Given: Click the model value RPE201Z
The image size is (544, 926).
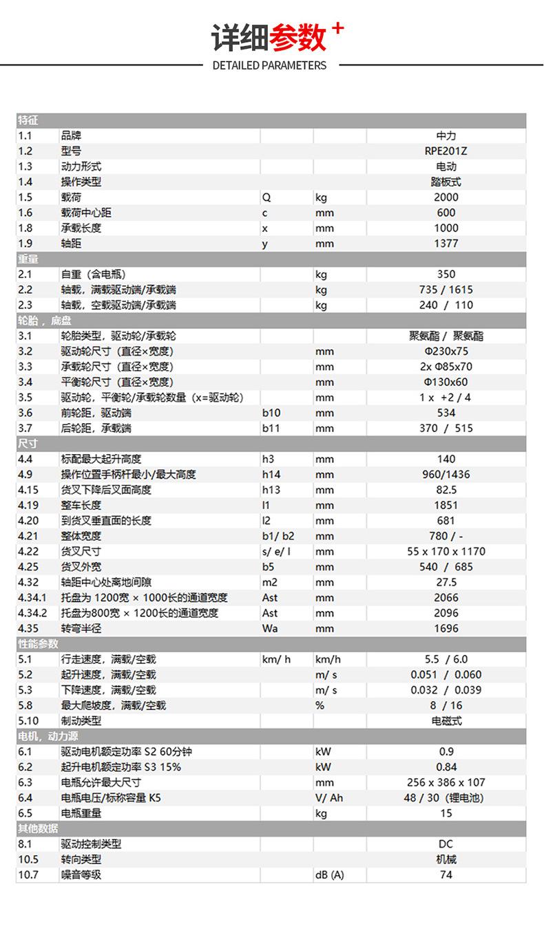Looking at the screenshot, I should [446, 151].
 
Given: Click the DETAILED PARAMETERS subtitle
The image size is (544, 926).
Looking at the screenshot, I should [269, 65].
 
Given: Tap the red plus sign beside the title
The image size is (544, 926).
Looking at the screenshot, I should [337, 29].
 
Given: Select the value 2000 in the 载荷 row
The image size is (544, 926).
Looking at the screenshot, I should [446, 197].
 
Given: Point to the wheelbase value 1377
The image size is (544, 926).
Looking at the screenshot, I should [446, 244].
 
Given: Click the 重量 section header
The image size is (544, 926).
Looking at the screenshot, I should [28, 259].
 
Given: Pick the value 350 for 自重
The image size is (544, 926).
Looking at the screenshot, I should [446, 274].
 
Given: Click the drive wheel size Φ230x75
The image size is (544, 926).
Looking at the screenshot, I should [446, 352].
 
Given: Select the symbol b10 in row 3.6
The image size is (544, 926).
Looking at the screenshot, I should [271, 413].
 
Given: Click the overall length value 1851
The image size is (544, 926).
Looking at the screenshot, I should [446, 506].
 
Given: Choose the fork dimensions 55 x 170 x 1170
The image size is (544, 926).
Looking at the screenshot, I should [446, 552].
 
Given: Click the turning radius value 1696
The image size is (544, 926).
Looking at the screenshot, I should [446, 629].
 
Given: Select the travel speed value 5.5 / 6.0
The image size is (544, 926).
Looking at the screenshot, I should [446, 659].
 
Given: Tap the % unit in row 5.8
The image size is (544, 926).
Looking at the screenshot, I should [320, 705].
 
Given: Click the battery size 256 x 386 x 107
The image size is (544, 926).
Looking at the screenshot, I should [446, 782].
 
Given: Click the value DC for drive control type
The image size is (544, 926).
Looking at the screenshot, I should [446, 844].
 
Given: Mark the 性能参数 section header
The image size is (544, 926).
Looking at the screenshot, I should [38, 644].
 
